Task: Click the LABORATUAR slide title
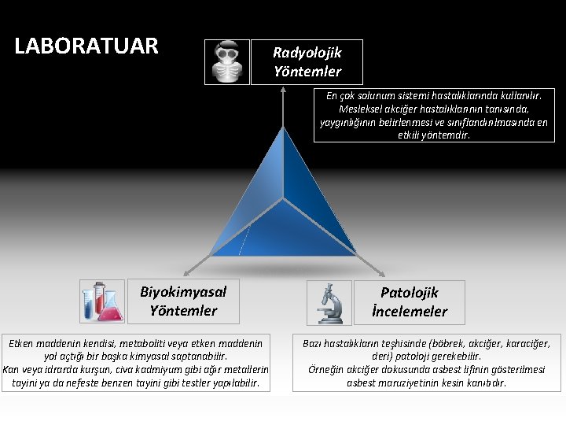(x=86, y=46)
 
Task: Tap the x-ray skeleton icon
(x=227, y=62)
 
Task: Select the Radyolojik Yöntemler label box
(x=307, y=62)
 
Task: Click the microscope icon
(x=329, y=303)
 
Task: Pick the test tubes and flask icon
(x=102, y=301)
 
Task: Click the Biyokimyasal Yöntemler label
(x=183, y=301)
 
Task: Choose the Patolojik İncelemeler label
(x=410, y=302)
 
